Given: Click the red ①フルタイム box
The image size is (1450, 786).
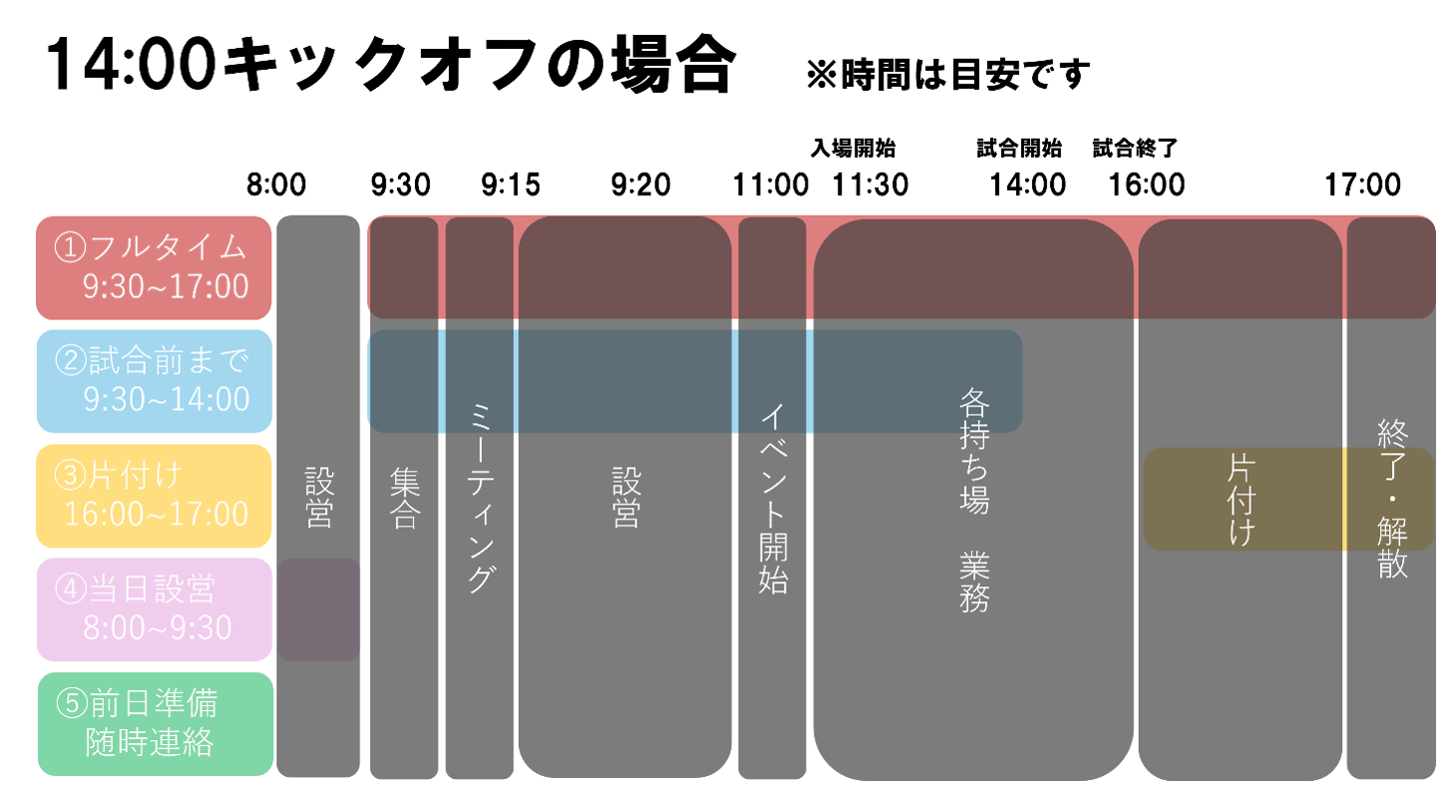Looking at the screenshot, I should pyautogui.click(x=154, y=266).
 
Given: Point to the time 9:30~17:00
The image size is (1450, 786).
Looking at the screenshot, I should pyautogui.click(x=166, y=287).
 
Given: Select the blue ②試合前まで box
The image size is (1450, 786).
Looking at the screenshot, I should pyautogui.click(x=154, y=380).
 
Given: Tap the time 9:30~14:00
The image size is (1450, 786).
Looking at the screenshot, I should pyautogui.click(x=167, y=400).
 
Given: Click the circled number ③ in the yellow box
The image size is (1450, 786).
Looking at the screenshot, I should pyautogui.click(x=70, y=475).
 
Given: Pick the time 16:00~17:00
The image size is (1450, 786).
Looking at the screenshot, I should pyautogui.click(x=157, y=515).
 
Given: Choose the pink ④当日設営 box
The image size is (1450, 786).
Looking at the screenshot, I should pyautogui.click(x=154, y=609).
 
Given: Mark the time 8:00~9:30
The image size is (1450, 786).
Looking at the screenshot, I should pyautogui.click(x=158, y=628).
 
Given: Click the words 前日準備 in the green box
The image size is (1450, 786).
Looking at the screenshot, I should pyautogui.click(x=153, y=704).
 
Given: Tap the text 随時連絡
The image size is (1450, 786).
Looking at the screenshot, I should pyautogui.click(x=150, y=743).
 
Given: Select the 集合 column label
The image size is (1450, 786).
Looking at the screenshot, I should pyautogui.click(x=404, y=499).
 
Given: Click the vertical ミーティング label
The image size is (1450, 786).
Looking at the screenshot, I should pyautogui.click(x=480, y=499).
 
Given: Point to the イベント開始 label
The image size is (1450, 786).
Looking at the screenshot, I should pyautogui.click(x=773, y=499).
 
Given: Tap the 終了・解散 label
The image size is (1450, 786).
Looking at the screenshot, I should pyautogui.click(x=1392, y=499).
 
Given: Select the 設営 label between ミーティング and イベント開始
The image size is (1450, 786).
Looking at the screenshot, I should pyautogui.click(x=625, y=499).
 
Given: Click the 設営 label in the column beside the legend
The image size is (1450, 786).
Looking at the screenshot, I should pyautogui.click(x=318, y=499).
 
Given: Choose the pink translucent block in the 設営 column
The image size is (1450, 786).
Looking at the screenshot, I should pyautogui.click(x=318, y=609).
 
